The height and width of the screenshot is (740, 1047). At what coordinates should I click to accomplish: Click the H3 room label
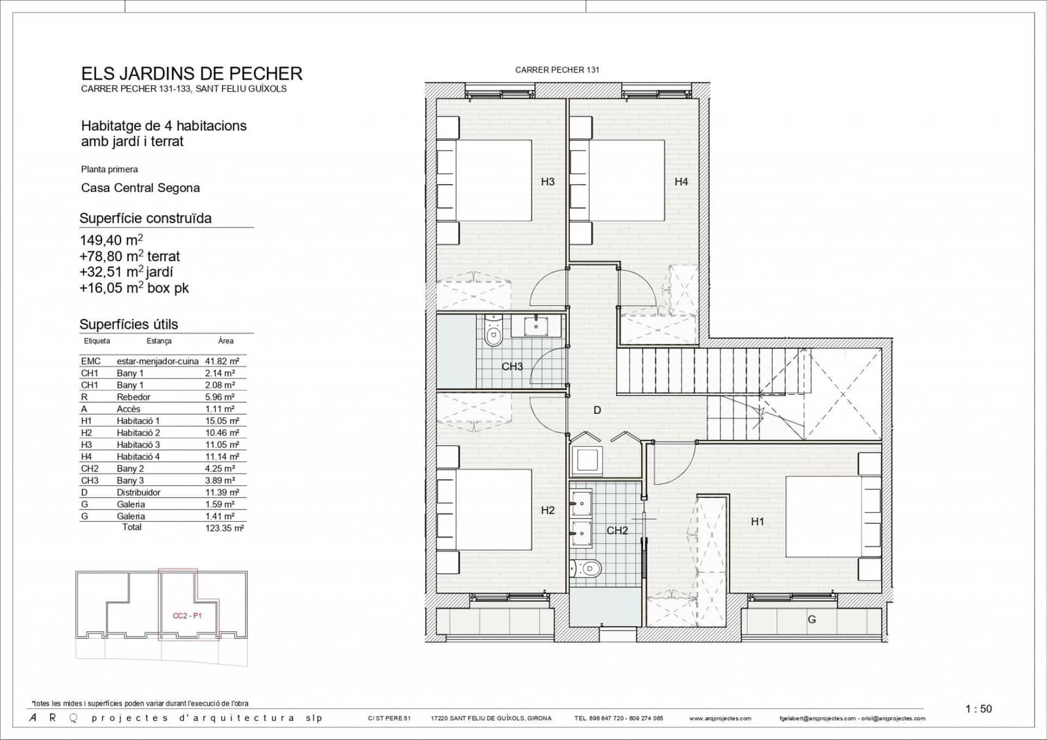pos(548,181)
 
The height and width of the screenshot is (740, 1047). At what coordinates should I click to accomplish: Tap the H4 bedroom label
pos(681,181)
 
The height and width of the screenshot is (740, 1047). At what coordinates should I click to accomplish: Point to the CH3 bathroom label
pos(512,367)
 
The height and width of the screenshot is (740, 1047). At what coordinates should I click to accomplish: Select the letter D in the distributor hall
pos(597,411)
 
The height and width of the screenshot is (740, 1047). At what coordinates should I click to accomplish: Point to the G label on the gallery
pos(811,619)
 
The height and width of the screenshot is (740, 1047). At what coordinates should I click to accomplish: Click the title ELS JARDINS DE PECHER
pos(191,73)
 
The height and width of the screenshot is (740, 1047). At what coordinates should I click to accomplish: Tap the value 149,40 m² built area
pos(111,240)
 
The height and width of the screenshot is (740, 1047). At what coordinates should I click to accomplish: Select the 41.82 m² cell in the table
pos(222,361)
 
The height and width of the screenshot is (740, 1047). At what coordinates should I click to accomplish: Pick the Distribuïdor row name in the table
pos(138,492)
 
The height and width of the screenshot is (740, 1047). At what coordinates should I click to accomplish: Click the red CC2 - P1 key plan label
pos(187,616)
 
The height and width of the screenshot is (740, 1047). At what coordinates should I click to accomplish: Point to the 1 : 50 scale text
pos(978,709)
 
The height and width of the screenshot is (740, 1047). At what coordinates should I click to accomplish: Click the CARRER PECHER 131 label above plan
pos(557,69)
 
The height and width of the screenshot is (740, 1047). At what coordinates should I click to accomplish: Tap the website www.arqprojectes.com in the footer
pos(720,718)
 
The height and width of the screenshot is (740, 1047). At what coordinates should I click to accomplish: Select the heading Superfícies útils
pos(128,324)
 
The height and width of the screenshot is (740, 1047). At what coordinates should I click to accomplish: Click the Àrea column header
pos(225,341)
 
